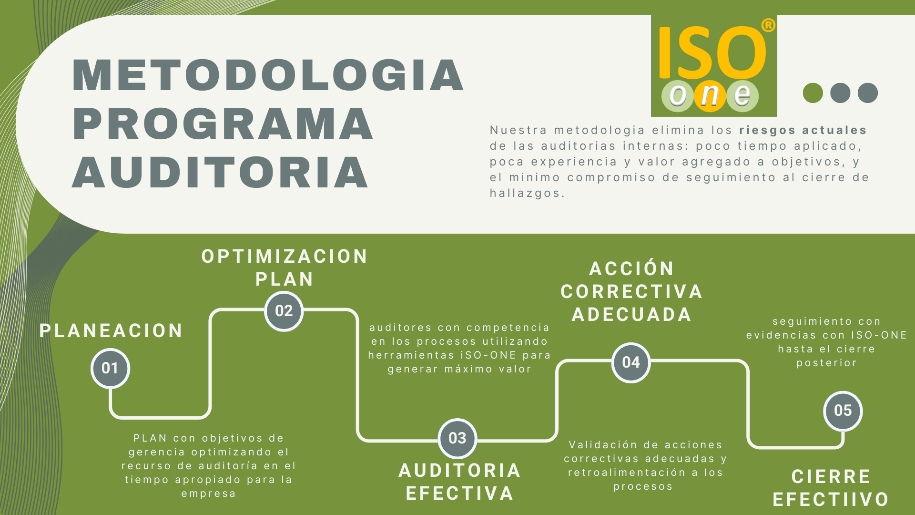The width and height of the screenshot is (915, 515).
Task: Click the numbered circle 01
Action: [x=110, y=368]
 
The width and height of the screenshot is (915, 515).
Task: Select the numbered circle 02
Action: [x=284, y=311]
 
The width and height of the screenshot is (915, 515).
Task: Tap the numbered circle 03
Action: [x=457, y=438]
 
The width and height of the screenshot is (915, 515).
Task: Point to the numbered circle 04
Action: [x=631, y=362]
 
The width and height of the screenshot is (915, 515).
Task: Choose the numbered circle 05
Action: [x=843, y=411]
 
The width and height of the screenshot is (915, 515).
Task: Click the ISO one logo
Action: [x=714, y=66]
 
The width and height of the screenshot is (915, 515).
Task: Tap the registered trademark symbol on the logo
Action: [x=768, y=25]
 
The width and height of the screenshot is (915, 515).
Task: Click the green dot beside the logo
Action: [x=813, y=93]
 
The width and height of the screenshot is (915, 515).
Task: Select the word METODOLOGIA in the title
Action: [x=268, y=75]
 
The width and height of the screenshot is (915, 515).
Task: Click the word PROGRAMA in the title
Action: [x=223, y=124]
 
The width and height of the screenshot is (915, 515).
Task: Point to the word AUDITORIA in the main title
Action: [x=220, y=172]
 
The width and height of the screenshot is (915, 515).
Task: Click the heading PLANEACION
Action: [x=111, y=330]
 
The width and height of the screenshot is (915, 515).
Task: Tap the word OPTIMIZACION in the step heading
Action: [x=285, y=257]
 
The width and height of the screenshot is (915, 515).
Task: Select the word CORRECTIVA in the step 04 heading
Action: [x=631, y=292]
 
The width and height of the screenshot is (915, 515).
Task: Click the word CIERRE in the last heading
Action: [x=831, y=477]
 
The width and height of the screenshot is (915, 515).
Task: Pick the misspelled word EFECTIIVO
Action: [x=831, y=500]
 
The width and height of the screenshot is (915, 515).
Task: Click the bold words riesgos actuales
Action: [x=803, y=130]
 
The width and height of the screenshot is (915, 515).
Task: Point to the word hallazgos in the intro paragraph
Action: [x=527, y=193]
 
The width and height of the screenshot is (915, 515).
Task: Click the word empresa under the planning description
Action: [x=209, y=494]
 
